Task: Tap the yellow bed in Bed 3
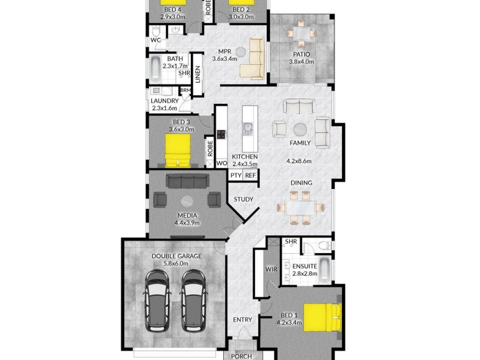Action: tap(178, 149)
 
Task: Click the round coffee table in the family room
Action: tap(299, 128)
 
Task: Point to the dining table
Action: tap(298, 207)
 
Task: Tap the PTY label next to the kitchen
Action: tap(235, 175)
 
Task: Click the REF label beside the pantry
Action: tap(250, 175)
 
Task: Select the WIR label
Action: tap(271, 269)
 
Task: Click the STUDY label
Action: tap(242, 199)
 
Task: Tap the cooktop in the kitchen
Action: tap(221, 134)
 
